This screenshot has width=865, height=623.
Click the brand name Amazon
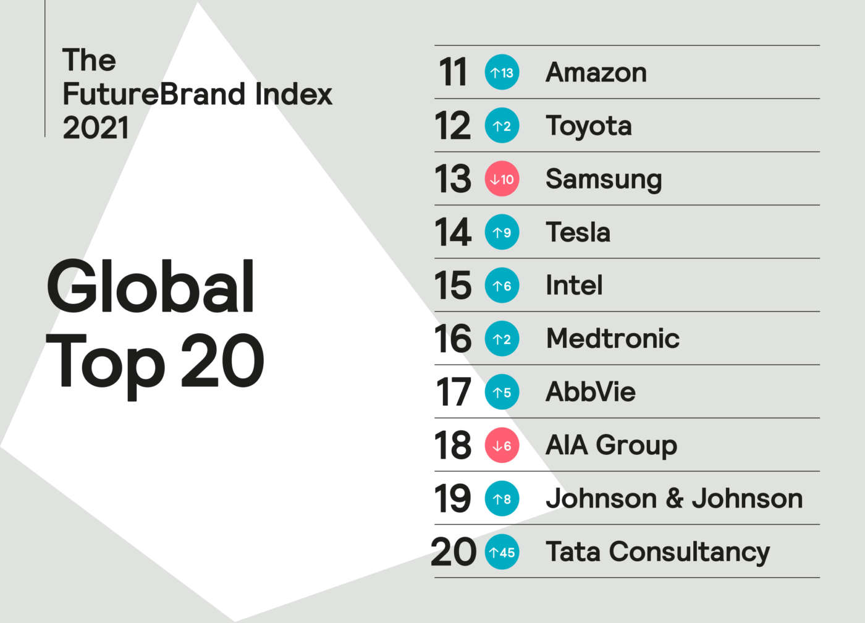pos(596,73)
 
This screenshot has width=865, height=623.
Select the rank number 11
pos(453,73)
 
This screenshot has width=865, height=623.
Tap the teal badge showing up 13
pos(502,73)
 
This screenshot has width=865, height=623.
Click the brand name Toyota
pos(589,126)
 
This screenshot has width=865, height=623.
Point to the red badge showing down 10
pos(502,179)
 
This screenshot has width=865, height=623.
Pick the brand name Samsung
pos(604,180)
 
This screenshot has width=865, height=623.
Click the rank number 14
pos(453,232)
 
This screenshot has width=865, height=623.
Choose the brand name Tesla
pos(578,232)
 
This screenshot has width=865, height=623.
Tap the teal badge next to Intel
pos(502,286)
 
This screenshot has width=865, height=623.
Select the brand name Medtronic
pos(613,339)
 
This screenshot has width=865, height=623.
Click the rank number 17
pos(453,392)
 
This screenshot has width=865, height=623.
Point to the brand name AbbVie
pos(591,392)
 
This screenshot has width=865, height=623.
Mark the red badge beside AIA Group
pos(502,445)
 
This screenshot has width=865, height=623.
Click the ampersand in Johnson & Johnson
pos(674,499)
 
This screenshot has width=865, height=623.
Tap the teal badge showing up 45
pos(502,552)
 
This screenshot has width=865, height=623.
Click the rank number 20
pos(454,552)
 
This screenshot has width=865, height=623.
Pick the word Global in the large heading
pos(151,288)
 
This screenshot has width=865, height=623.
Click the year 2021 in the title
pos(96,128)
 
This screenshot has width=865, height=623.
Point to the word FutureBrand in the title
pos(154,95)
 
